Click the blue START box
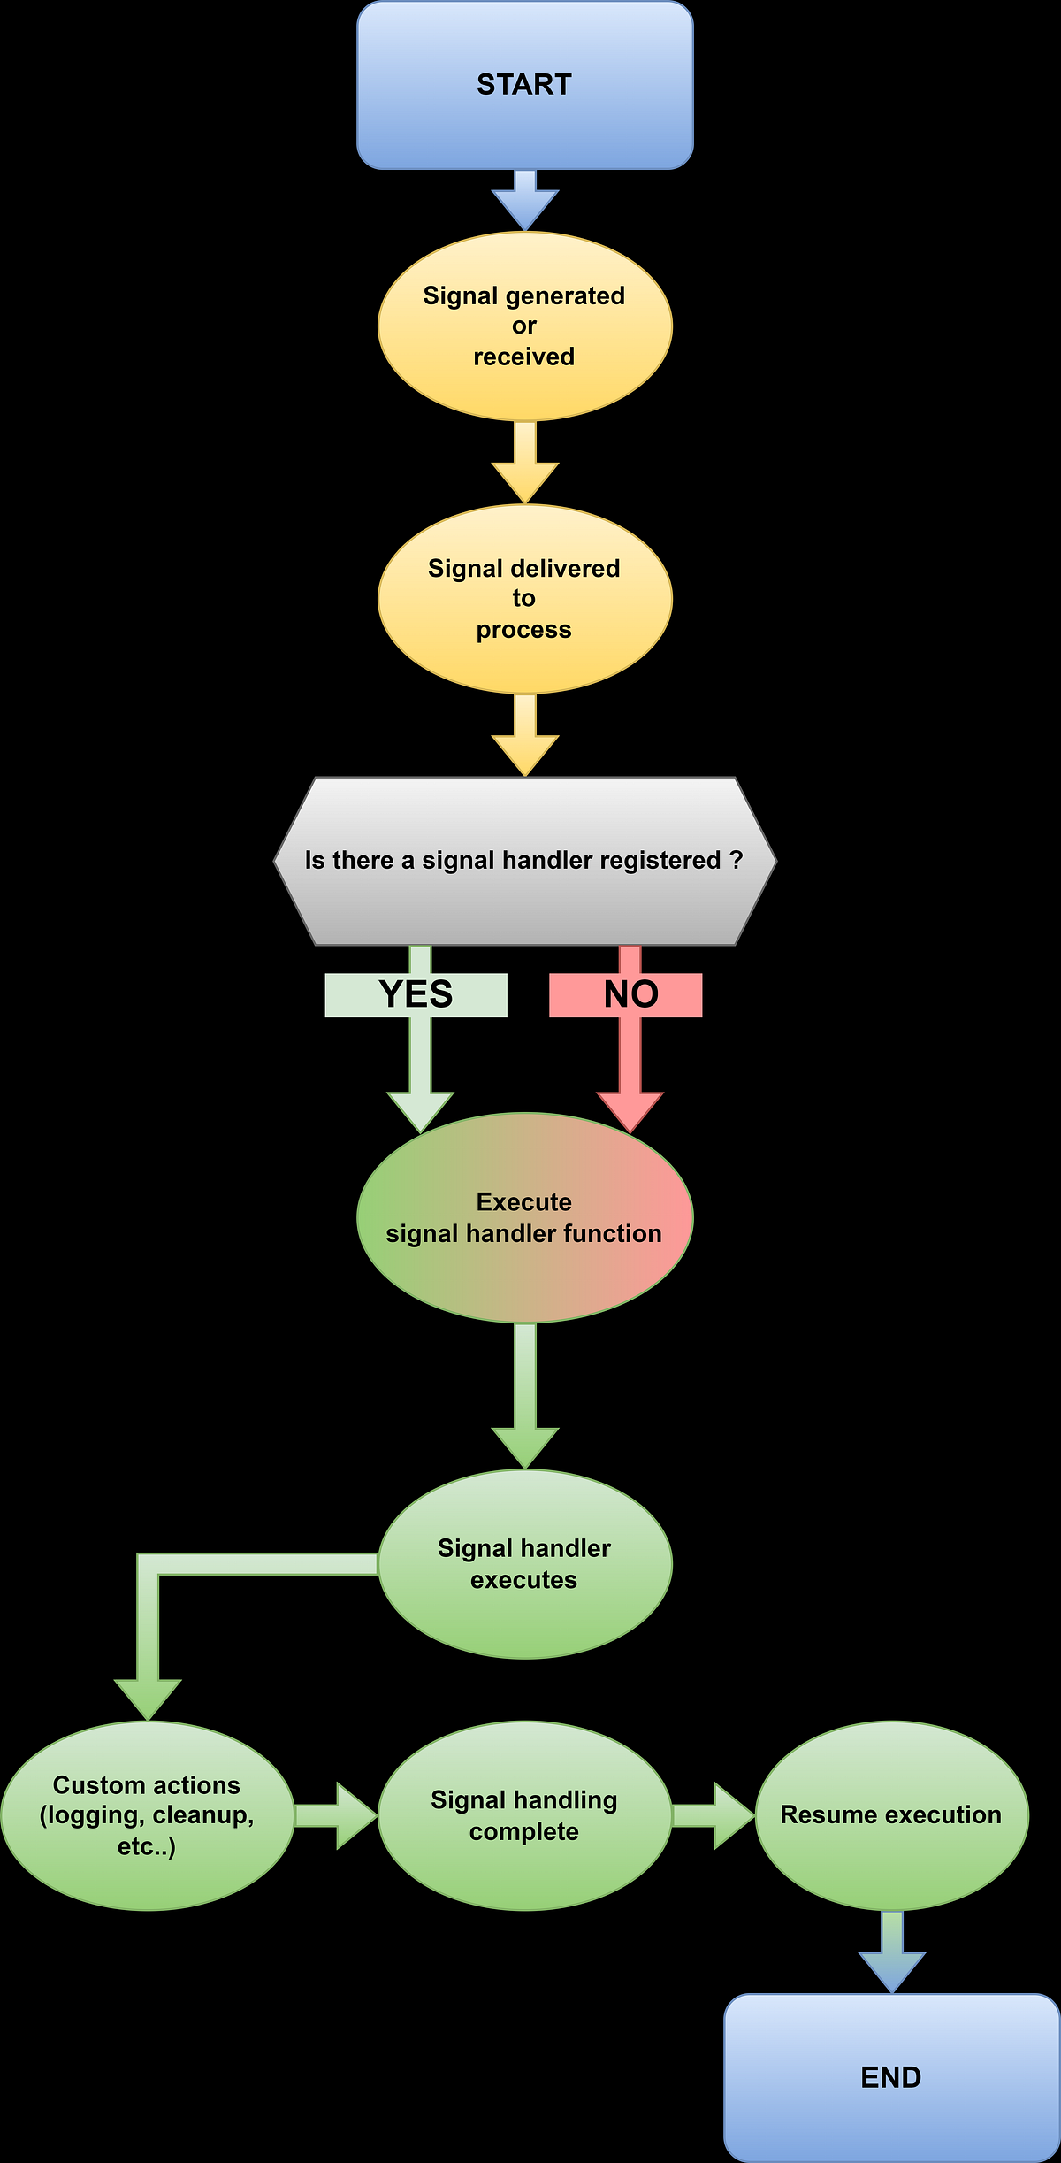pos(524,85)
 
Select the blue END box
pos(891,2076)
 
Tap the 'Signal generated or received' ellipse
pos(524,326)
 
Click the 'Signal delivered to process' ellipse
pos(524,599)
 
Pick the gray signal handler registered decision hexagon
pos(524,861)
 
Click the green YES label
pos(416,995)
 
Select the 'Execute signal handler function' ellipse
pos(524,1217)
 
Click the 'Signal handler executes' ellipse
pos(524,1564)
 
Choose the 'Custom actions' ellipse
pos(147,1815)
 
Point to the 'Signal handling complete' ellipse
pos(524,1815)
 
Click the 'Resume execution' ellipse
pos(891,1815)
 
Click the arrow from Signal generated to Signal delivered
pos(525,462)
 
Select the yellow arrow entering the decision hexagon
pos(525,735)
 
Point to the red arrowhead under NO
pos(630,1110)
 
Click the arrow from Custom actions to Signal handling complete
pos(337,1815)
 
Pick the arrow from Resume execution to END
pos(892,1953)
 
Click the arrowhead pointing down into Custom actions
pos(148,1699)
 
